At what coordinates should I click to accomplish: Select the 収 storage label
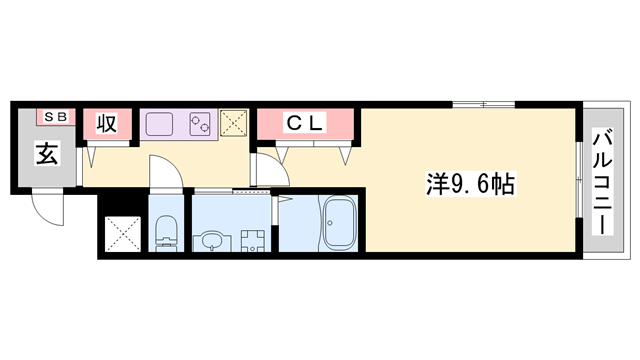tap(107, 124)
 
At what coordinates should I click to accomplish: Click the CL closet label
tap(305, 124)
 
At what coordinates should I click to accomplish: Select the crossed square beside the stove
tap(234, 124)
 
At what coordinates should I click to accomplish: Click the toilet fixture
tap(166, 232)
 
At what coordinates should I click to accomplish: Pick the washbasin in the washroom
tap(210, 240)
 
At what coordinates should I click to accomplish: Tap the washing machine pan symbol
tap(251, 240)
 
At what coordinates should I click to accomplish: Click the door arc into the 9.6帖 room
tap(268, 170)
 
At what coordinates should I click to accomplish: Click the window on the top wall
tap(483, 104)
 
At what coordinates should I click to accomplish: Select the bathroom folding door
tap(275, 210)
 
